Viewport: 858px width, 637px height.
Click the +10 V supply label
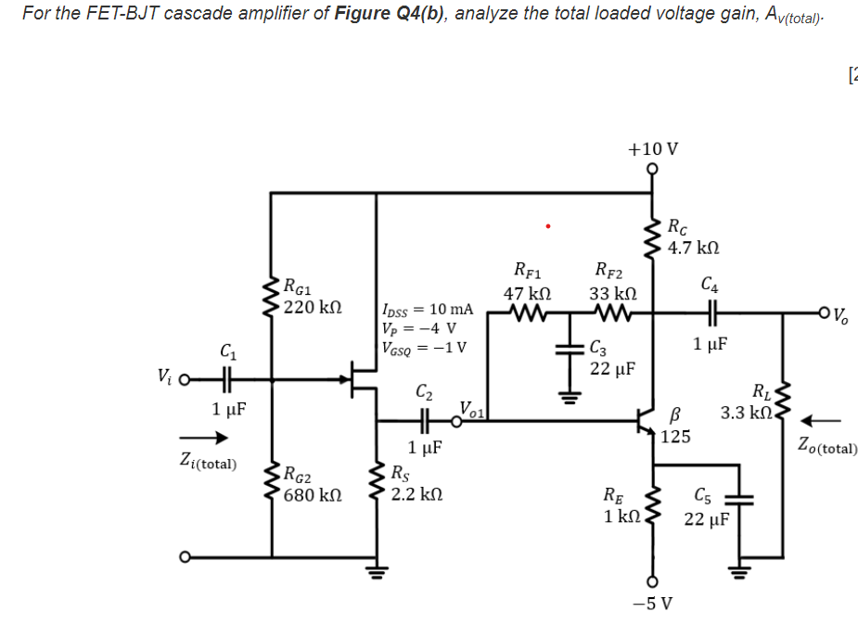(652, 149)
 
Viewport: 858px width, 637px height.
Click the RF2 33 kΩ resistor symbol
(609, 314)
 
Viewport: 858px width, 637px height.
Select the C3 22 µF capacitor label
(611, 359)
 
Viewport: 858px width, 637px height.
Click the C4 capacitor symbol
(710, 314)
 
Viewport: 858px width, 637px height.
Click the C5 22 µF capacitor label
(708, 508)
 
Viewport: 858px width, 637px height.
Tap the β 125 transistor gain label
(676, 427)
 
